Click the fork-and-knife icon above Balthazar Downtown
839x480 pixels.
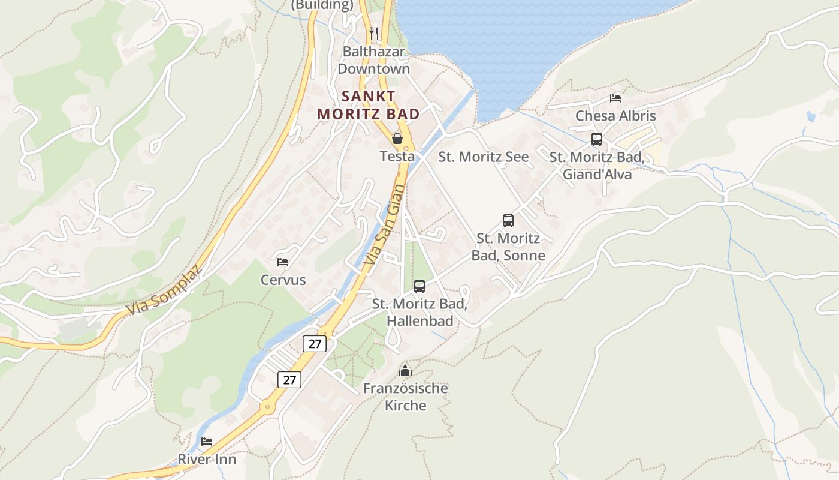click(x=374, y=33)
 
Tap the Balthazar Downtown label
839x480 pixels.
click(x=373, y=60)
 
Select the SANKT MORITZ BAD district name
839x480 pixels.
click(x=368, y=104)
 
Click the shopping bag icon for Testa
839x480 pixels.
click(x=397, y=139)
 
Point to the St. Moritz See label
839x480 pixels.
click(x=484, y=157)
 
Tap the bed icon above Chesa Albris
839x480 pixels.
click(x=615, y=98)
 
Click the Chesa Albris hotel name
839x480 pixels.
click(x=615, y=116)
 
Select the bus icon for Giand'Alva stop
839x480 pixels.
click(x=597, y=139)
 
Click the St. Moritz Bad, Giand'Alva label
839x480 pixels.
click(x=597, y=166)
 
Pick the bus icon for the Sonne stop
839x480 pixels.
click(x=508, y=221)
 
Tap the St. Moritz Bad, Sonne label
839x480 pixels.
click(x=508, y=247)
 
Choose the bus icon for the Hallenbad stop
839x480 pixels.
click(x=419, y=286)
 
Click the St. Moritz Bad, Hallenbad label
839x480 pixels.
click(x=419, y=312)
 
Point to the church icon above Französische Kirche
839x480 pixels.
click(x=406, y=371)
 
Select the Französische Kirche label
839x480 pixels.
click(x=406, y=397)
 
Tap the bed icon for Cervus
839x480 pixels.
click(x=283, y=262)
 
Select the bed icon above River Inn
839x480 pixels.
click(x=207, y=442)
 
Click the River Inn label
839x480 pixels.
click(x=207, y=460)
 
